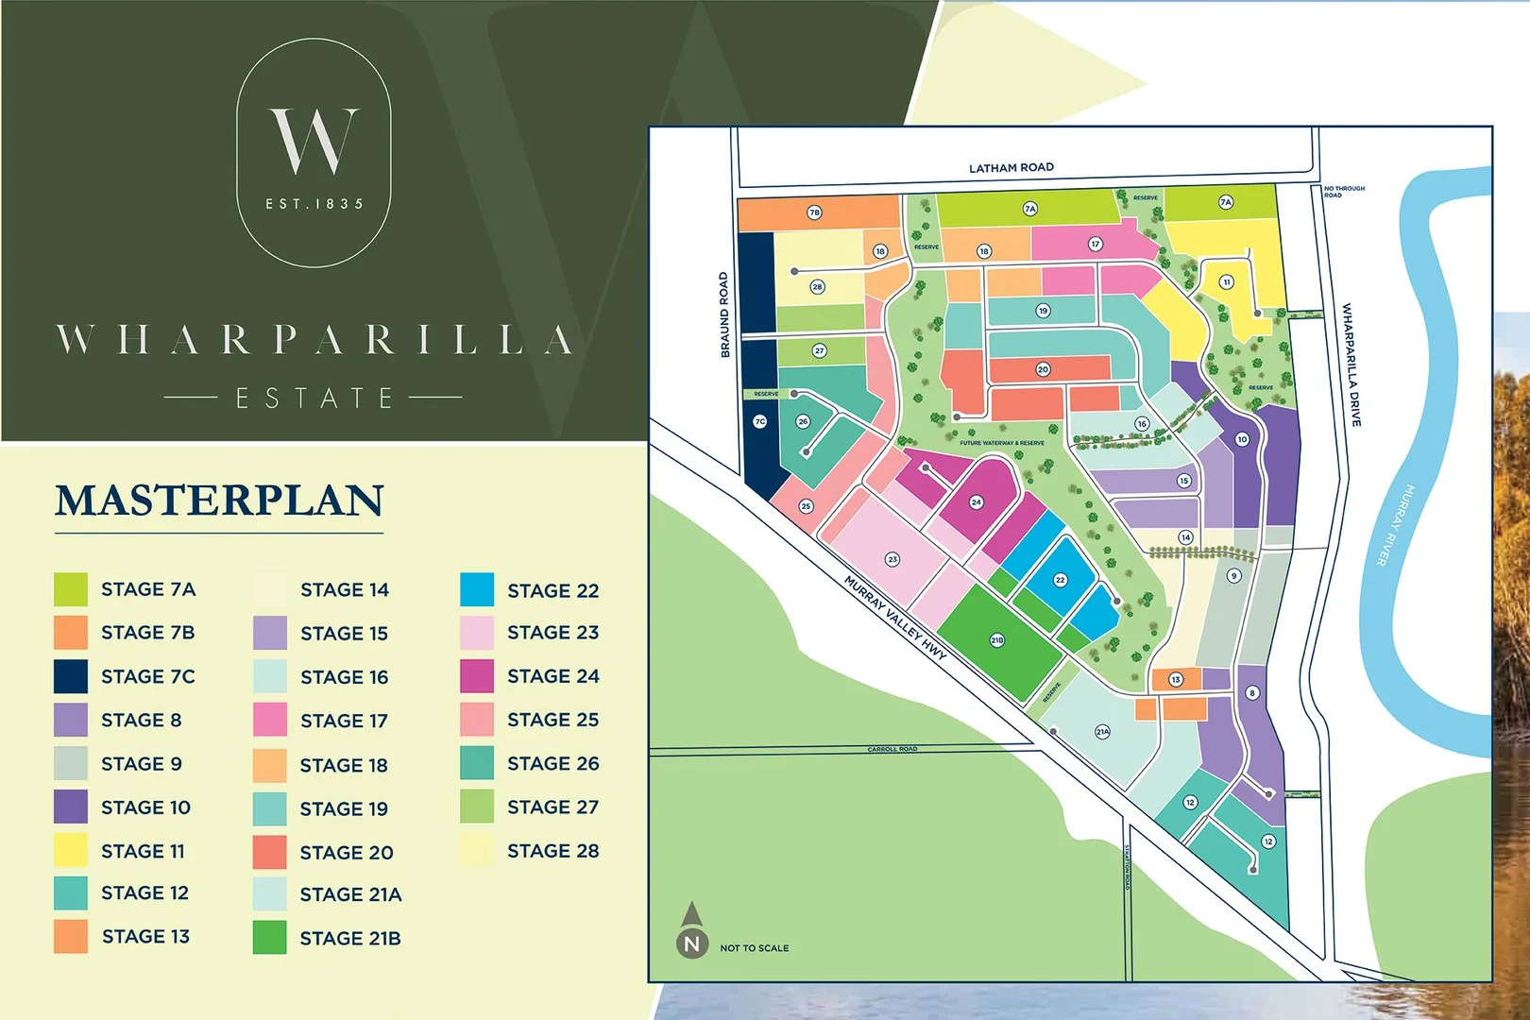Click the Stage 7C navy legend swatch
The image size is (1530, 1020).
pyautogui.click(x=71, y=676)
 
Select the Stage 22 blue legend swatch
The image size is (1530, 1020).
pyautogui.click(x=477, y=590)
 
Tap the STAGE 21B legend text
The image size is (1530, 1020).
pyautogui.click(x=350, y=938)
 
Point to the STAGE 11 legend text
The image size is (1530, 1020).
pyautogui.click(x=143, y=851)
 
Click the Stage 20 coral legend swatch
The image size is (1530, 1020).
pyautogui.click(x=269, y=852)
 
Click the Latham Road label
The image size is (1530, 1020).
pyautogui.click(x=1011, y=167)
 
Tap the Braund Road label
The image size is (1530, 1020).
pyautogui.click(x=724, y=314)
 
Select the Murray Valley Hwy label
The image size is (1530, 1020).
pyautogui.click(x=894, y=618)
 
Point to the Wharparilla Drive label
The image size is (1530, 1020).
pyautogui.click(x=1351, y=365)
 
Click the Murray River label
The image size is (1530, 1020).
pyautogui.click(x=1396, y=525)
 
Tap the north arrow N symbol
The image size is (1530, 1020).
pyautogui.click(x=691, y=943)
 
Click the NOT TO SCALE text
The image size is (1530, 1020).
pyautogui.click(x=754, y=948)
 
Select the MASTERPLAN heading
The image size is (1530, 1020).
pyautogui.click(x=219, y=501)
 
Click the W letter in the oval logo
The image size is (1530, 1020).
pyautogui.click(x=314, y=141)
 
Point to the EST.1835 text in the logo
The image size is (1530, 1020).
pyautogui.click(x=314, y=204)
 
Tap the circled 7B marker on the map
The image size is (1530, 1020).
pyautogui.click(x=814, y=212)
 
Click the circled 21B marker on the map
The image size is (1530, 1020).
pyautogui.click(x=996, y=640)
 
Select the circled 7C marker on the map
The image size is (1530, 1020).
pyautogui.click(x=759, y=422)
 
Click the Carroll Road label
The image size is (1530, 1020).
pyautogui.click(x=892, y=749)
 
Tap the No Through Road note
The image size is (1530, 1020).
pyautogui.click(x=1343, y=192)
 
